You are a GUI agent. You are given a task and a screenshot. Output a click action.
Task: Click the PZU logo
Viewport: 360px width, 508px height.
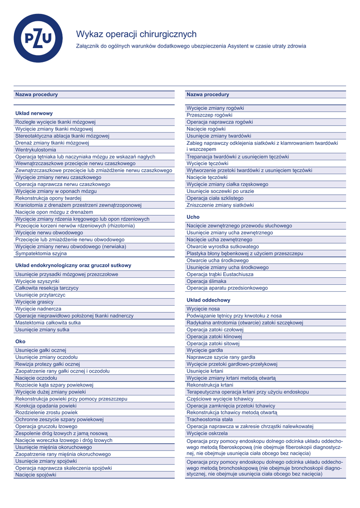tap(38, 38)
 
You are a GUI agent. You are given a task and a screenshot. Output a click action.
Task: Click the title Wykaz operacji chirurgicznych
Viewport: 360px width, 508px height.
tap(136, 34)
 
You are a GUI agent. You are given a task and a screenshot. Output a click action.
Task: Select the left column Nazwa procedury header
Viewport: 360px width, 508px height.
tap(37, 94)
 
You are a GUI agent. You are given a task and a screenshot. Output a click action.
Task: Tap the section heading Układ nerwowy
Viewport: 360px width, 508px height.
tap(34, 113)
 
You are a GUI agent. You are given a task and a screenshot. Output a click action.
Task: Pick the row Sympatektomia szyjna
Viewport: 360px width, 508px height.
tap(41, 253)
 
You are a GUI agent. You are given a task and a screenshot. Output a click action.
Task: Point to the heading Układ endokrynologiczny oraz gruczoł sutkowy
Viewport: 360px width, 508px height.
tap(73, 265)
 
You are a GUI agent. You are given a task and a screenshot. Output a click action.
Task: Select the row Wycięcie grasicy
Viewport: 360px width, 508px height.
tap(34, 302)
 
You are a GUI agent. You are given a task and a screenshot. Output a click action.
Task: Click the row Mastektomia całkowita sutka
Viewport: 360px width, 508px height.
tap(48, 322)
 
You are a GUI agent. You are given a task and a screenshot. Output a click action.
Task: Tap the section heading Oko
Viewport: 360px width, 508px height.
tap(20, 341)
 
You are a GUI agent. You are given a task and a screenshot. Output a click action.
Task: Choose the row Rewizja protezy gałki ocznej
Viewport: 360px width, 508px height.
tap(48, 364)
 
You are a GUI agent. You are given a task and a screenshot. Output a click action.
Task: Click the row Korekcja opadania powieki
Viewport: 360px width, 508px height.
tap(46, 405)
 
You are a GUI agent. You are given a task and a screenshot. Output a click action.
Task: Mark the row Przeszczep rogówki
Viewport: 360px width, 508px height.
tap(210, 115)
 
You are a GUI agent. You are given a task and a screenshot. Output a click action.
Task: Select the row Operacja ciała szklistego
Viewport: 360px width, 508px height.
tap(215, 198)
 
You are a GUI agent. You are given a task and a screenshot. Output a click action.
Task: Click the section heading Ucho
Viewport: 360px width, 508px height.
tap(193, 217)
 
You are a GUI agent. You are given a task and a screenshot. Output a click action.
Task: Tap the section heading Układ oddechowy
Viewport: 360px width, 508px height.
tap(209, 300)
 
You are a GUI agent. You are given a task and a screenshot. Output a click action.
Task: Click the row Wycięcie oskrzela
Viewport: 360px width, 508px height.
tap(207, 433)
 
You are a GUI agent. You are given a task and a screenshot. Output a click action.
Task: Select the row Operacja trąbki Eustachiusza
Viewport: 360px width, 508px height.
tap(220, 274)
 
